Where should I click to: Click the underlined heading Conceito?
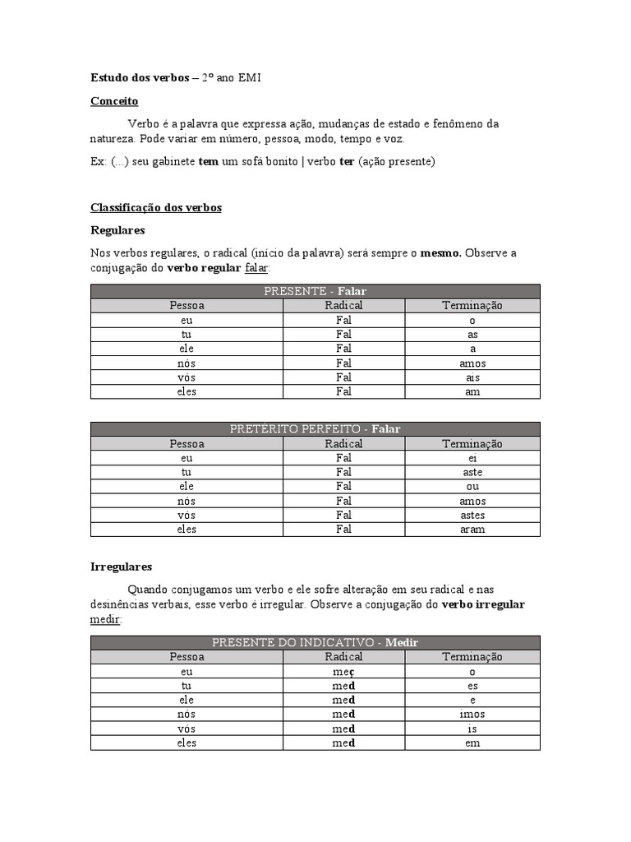114,101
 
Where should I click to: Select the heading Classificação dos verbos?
155,208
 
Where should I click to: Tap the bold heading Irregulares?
121,567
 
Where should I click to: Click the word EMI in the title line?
247,78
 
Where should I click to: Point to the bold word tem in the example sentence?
209,161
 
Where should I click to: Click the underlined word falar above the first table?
256,268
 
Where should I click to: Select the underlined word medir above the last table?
105,618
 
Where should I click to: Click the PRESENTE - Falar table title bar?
315,291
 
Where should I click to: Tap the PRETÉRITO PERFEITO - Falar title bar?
315,429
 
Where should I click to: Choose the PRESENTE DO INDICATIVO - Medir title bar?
315,642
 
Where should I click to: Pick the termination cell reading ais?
472,377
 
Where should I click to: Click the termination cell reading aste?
472,472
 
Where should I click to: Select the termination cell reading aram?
472,530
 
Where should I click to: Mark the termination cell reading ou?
472,486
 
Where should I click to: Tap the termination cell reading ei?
472,458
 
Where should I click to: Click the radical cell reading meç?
343,672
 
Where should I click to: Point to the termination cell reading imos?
472,715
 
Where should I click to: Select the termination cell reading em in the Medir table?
472,743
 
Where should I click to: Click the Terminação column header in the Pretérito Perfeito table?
472,443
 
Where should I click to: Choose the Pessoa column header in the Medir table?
187,657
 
